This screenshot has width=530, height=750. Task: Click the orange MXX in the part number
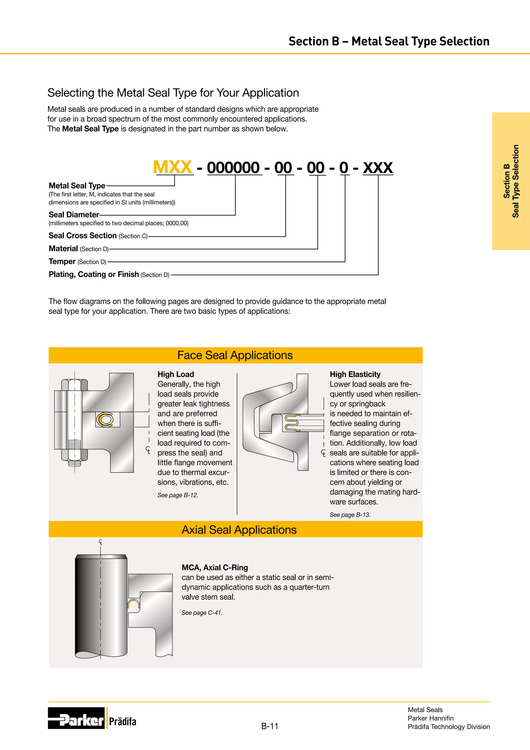(173, 167)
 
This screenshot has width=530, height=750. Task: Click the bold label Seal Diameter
(74, 215)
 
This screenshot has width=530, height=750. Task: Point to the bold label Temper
(62, 261)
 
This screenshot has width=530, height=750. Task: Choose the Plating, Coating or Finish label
(94, 275)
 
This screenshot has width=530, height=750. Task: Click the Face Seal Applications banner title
(235, 355)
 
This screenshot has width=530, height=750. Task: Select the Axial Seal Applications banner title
(239, 530)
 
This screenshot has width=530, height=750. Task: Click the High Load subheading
(175, 374)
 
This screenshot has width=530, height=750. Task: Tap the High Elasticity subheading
(355, 374)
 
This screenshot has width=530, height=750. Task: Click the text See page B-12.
(178, 495)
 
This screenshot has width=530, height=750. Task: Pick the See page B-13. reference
(350, 515)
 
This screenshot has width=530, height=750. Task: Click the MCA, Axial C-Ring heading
(215, 567)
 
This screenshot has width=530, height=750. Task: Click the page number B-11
(270, 726)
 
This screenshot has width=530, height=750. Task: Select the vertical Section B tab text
(511, 181)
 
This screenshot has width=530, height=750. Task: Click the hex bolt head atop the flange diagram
(75, 385)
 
